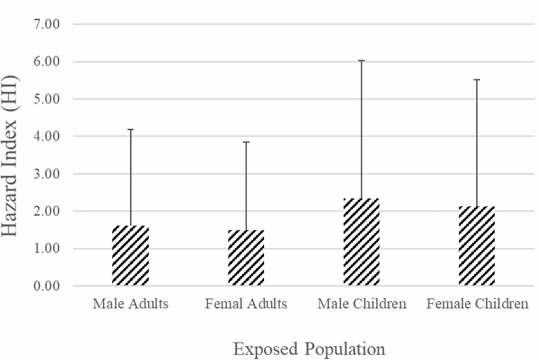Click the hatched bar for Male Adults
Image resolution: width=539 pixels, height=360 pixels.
tap(130, 256)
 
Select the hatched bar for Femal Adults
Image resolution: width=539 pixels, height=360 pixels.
tap(246, 258)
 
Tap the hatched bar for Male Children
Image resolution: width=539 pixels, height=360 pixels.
tap(361, 242)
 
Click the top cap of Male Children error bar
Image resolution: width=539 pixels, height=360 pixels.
tap(361, 60)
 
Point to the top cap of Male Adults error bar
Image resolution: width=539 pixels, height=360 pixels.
tap(130, 129)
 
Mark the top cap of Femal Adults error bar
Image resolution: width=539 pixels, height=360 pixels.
tap(246, 142)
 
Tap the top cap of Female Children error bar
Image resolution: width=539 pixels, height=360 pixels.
tap(476, 80)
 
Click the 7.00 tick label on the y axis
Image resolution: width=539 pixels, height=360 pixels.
tap(48, 24)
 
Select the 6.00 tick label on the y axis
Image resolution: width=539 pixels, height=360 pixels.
tap(48, 62)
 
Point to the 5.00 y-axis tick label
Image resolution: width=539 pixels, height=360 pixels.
tap(48, 99)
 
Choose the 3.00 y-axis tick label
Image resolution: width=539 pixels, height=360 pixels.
tap(48, 174)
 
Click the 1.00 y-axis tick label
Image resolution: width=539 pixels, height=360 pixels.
tap(48, 248)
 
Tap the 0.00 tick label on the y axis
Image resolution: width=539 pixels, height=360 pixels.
tap(48, 286)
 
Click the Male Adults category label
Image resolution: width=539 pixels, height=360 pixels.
tap(130, 304)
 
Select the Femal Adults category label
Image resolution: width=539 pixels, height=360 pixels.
tap(246, 304)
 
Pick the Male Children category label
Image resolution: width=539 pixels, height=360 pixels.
tap(362, 304)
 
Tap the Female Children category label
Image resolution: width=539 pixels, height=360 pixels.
tap(477, 304)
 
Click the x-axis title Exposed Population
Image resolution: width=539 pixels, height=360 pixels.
tap(308, 348)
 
